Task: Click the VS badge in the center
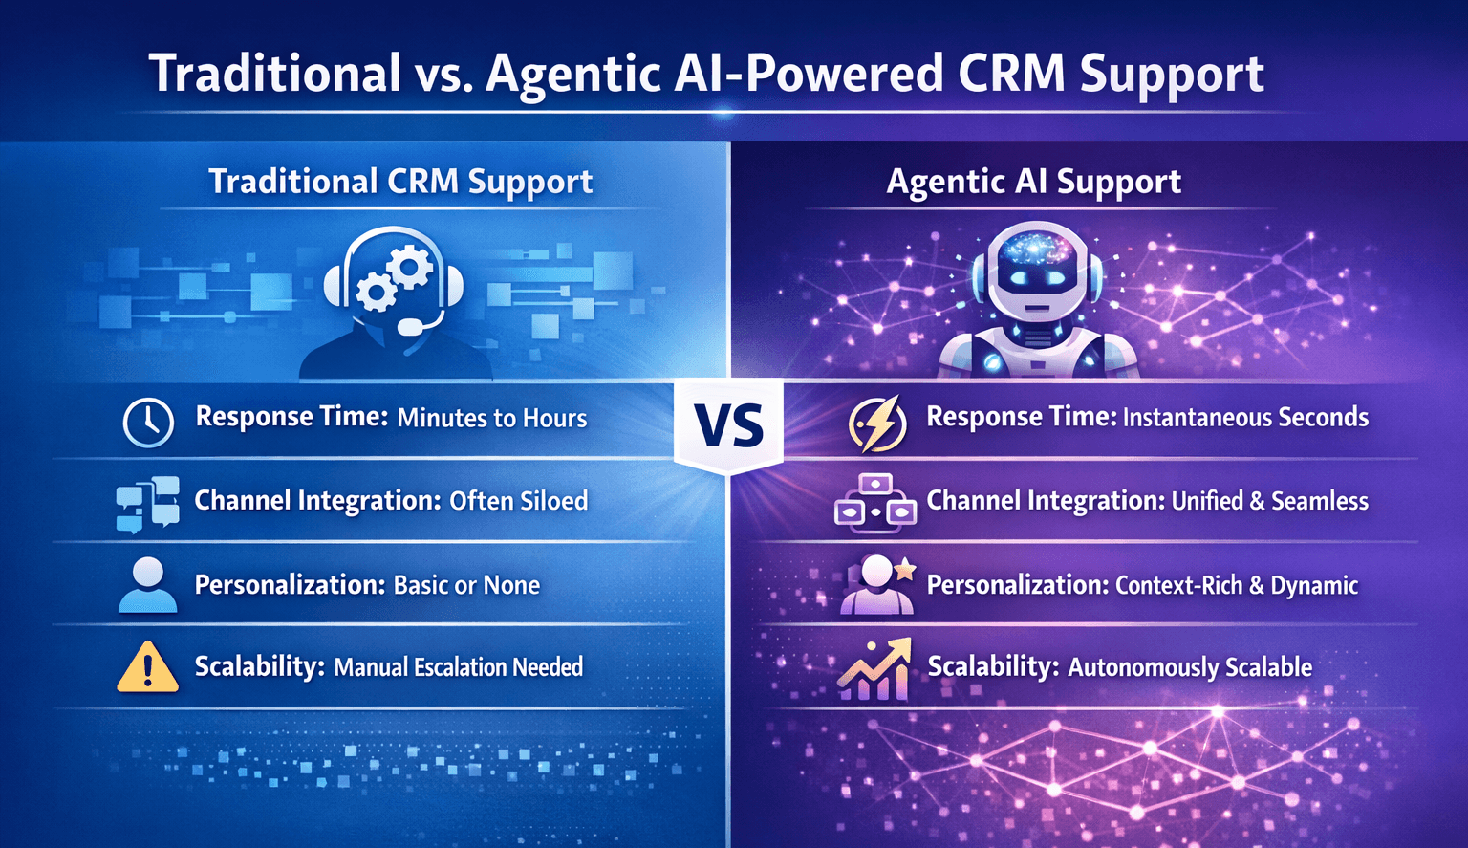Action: click(728, 425)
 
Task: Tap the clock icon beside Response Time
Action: click(148, 421)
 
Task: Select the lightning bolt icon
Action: click(877, 423)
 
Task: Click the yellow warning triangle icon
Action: click(147, 666)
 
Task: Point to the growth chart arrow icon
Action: click(874, 669)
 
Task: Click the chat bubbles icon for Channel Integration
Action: click(147, 503)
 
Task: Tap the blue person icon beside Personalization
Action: click(147, 585)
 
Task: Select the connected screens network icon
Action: click(874, 502)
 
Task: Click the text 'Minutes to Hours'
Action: click(491, 418)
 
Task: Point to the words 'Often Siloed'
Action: click(518, 501)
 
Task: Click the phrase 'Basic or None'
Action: click(466, 585)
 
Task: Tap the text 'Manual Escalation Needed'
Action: click(458, 667)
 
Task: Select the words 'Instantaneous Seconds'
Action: click(1245, 418)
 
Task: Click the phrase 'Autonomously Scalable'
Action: click(1189, 667)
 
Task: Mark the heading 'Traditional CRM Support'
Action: click(400, 182)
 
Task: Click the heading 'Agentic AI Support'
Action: click(1033, 182)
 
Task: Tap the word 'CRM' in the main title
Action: click(1011, 74)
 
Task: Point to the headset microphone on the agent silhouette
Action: click(411, 327)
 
